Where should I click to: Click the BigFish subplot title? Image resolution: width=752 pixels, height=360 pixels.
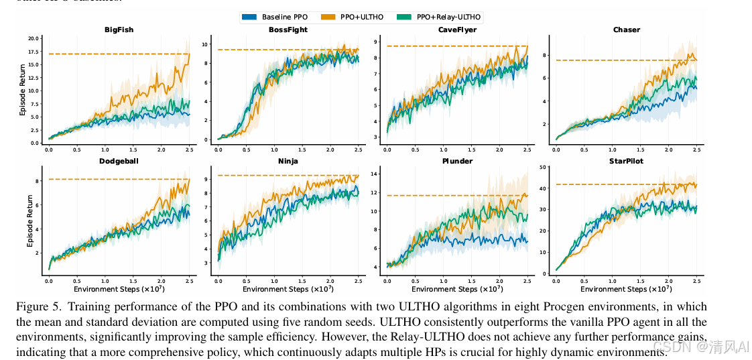point(118,29)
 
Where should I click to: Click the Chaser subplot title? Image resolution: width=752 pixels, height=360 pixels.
point(626,29)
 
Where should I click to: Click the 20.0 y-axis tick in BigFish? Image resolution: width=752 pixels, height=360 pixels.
point(34,38)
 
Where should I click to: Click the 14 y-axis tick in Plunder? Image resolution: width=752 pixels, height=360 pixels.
point(374,174)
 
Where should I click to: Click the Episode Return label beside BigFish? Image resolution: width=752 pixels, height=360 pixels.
point(22,90)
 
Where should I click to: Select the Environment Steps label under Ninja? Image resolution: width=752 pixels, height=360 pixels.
point(288,289)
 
